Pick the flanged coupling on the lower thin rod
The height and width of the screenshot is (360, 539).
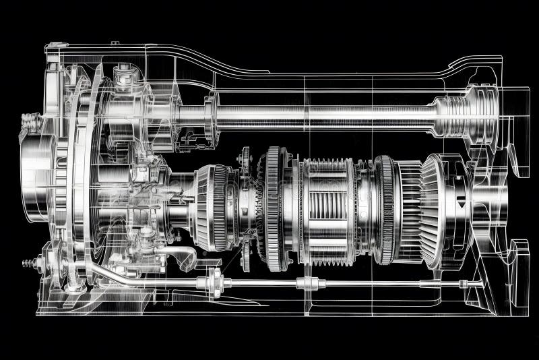[216, 279]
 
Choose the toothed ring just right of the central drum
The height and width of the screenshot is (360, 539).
[385, 209]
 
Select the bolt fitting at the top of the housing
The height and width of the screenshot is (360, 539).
[123, 74]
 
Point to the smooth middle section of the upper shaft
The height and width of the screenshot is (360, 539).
[323, 115]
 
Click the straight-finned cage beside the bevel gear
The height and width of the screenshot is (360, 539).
[407, 209]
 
